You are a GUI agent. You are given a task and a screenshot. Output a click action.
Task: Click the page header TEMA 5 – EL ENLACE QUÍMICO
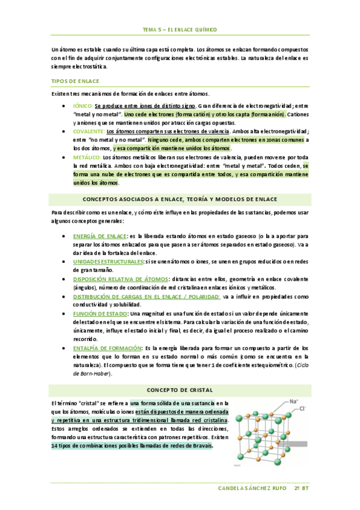180,29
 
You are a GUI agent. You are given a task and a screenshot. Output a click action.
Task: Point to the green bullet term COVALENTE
88,131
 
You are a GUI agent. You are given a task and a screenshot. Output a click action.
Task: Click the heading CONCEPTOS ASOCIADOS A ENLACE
180,198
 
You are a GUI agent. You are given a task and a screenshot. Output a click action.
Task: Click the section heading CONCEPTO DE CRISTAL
180,389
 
